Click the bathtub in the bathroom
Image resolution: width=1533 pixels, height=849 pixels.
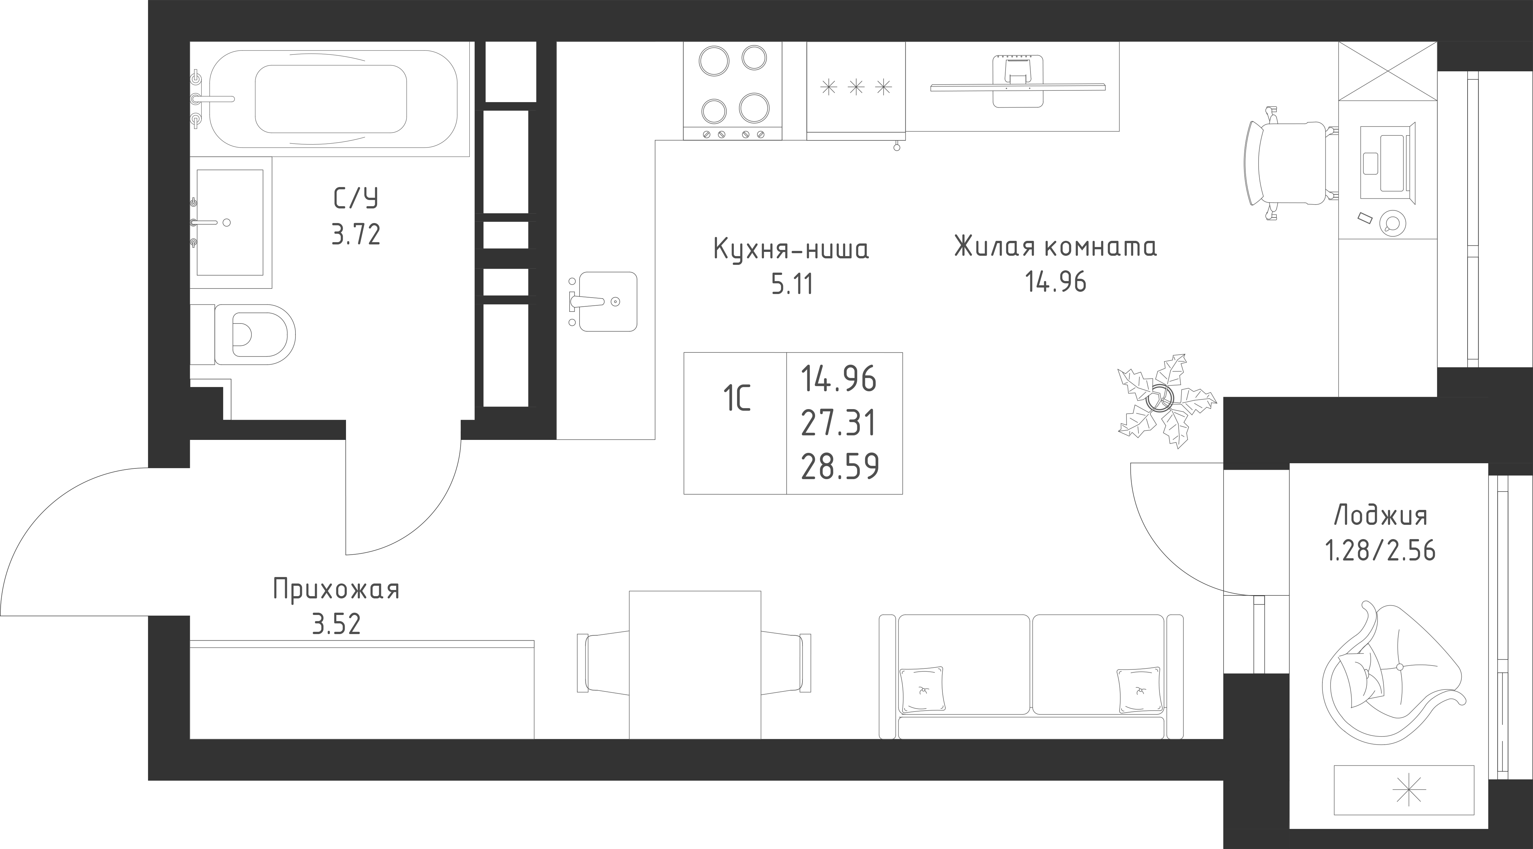point(333,99)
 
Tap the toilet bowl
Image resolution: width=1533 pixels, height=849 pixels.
point(255,335)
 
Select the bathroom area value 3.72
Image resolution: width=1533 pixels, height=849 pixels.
point(356,235)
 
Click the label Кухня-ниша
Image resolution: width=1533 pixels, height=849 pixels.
point(791,250)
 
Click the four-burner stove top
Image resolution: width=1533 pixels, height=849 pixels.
point(732,90)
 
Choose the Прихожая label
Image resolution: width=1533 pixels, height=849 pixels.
point(336,590)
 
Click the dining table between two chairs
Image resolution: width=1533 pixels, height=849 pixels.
point(695,665)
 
